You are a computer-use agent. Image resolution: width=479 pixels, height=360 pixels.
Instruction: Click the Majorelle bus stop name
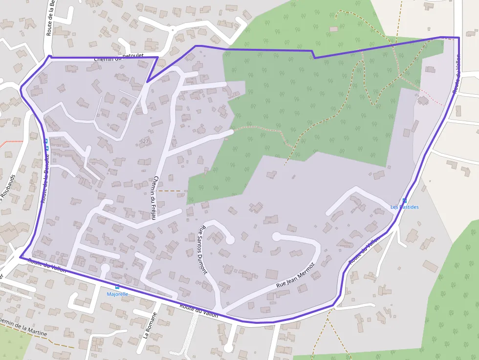[117, 294]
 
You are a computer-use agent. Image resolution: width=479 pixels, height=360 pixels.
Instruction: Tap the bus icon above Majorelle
[117, 287]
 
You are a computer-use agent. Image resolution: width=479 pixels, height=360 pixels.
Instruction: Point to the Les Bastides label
[404, 207]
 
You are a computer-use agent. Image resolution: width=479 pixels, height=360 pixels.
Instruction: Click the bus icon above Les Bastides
[404, 200]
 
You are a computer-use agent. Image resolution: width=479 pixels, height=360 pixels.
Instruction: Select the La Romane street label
[150, 326]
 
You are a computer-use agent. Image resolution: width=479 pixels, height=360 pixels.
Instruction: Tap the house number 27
[145, 141]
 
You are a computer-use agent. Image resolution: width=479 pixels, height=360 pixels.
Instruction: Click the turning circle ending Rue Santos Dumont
[229, 239]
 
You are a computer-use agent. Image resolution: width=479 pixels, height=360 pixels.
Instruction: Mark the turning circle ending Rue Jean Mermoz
[276, 237]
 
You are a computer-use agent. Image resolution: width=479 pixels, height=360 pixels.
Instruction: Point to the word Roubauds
[14, 189]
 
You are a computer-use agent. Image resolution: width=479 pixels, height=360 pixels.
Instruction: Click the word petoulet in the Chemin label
[132, 56]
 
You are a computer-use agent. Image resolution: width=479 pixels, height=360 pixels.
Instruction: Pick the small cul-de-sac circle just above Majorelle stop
[105, 268]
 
